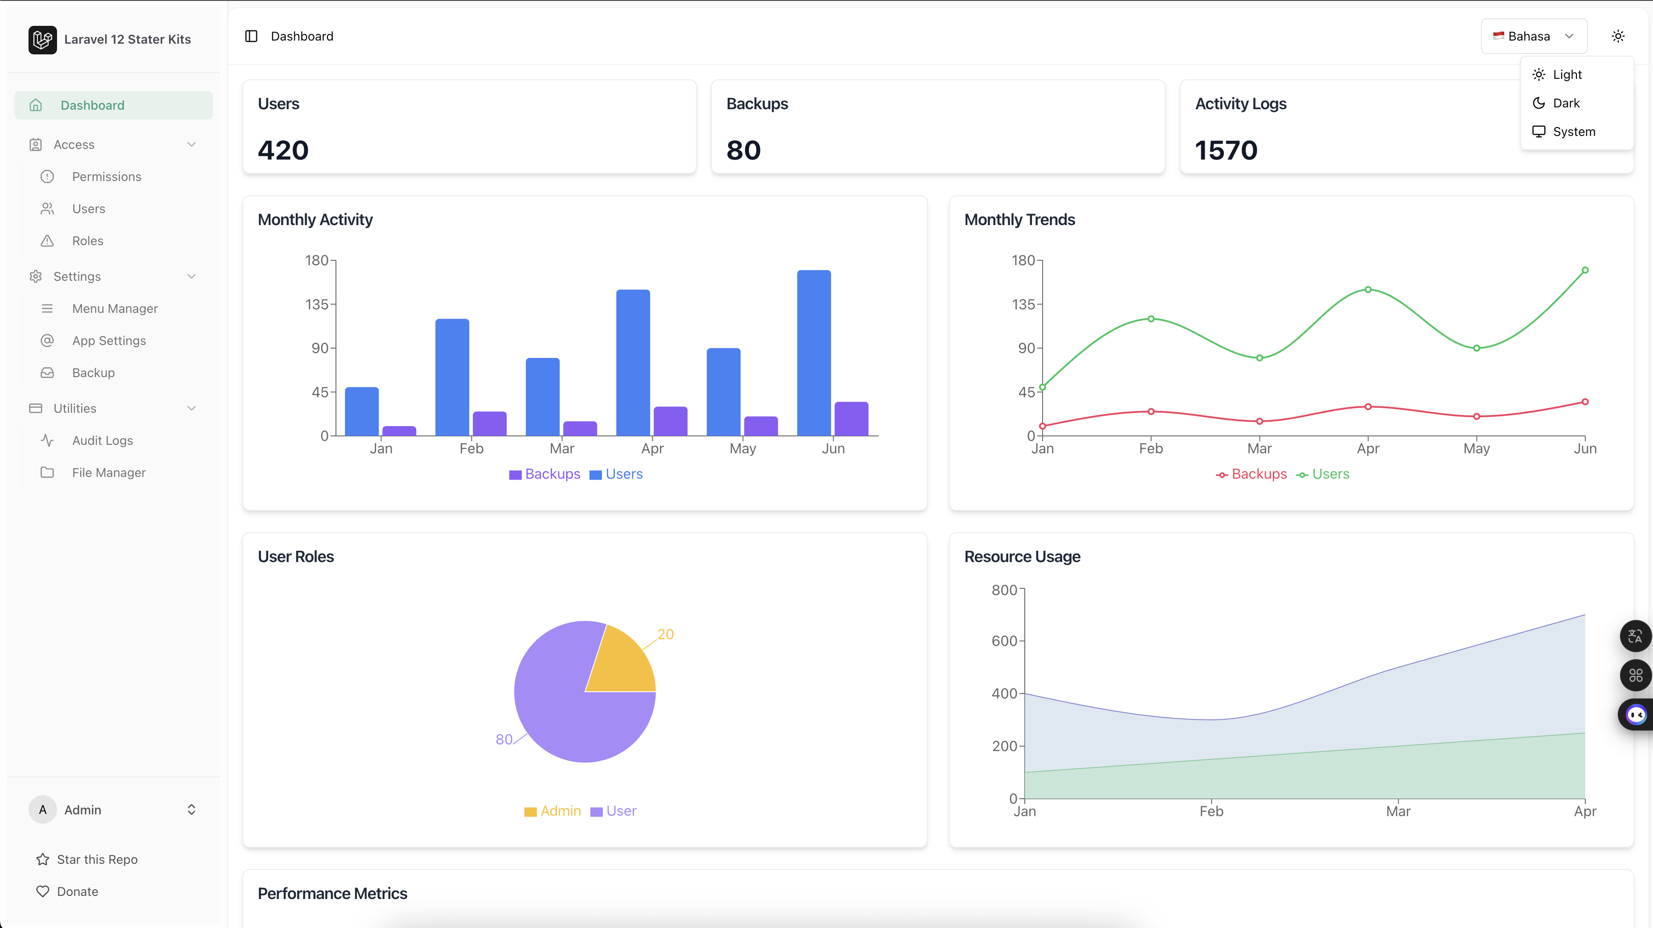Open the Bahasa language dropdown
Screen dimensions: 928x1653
1533,37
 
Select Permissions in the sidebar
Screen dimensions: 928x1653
106,177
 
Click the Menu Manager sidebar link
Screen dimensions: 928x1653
115,309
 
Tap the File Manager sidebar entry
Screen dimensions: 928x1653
108,472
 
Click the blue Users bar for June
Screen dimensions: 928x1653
814,353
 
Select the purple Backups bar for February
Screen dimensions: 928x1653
490,423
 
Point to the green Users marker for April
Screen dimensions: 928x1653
1368,289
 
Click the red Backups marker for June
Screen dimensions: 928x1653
1585,402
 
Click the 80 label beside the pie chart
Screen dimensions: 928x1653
504,739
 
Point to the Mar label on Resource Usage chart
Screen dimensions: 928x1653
1398,811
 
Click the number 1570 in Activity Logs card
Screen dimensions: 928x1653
1226,151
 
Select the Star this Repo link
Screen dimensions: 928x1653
97,859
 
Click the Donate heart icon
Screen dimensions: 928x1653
42,891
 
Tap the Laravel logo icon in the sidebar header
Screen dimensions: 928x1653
42,40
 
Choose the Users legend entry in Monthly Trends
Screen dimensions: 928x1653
1330,474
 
